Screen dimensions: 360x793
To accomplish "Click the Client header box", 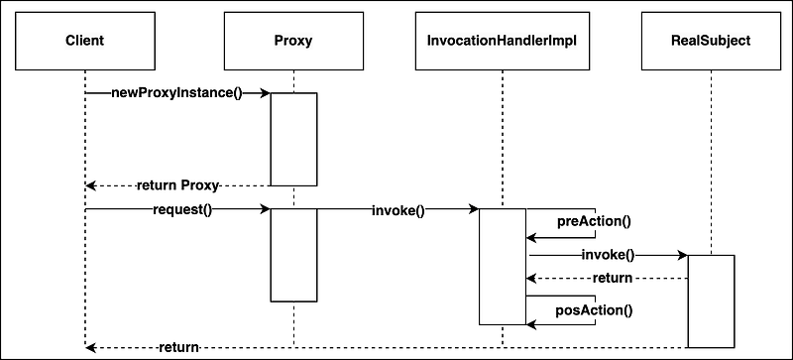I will pos(85,40).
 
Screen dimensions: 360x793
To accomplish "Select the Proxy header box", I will pos(293,40).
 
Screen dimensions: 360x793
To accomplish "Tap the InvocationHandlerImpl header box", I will pos(503,40).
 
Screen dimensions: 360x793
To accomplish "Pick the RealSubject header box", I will pos(711,40).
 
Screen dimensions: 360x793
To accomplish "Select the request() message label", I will pos(182,209).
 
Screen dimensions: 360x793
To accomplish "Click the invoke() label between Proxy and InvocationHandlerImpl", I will pos(397,209).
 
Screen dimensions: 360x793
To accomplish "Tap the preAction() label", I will pos(594,221).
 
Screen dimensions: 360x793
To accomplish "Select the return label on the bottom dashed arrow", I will pos(178,348).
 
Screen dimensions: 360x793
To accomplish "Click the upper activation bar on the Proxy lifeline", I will pos(293,139).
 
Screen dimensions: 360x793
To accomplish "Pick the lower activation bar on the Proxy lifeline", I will pos(293,254).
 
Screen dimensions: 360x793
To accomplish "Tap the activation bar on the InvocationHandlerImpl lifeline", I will pos(503,266).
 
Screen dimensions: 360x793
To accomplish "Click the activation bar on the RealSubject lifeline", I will pos(711,301).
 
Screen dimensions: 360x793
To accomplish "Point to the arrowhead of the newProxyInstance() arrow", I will pos(265,93).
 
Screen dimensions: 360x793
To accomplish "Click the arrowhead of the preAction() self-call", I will pos(532,238).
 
